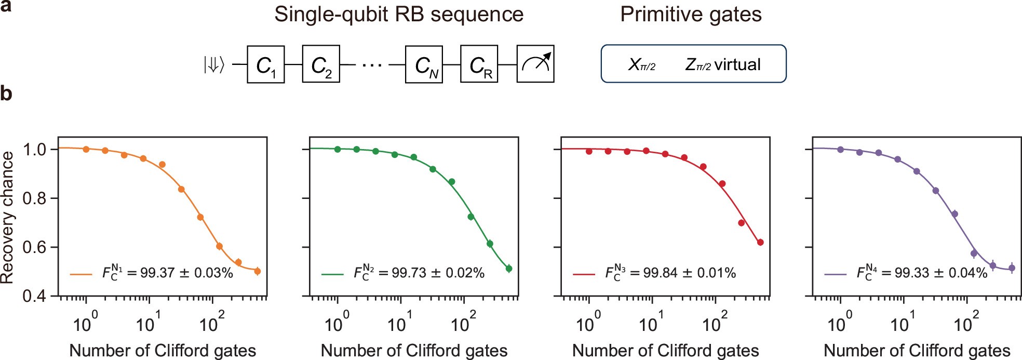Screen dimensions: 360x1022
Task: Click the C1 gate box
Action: pyautogui.click(x=265, y=64)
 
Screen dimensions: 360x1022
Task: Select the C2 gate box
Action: pyautogui.click(x=320, y=64)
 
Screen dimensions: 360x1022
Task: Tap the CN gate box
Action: pyautogui.click(x=424, y=64)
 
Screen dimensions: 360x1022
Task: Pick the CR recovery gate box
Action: pyautogui.click(x=479, y=64)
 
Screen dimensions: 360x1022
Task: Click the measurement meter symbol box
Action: pyautogui.click(x=535, y=64)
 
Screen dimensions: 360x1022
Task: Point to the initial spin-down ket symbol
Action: pyautogui.click(x=213, y=65)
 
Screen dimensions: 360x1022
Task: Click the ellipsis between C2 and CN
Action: pyautogui.click(x=372, y=65)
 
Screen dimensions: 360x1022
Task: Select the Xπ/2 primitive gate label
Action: pyautogui.click(x=642, y=64)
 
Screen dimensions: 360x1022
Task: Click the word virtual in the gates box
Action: pyautogui.click(x=737, y=64)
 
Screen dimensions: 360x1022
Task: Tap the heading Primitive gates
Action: pyautogui.click(x=691, y=15)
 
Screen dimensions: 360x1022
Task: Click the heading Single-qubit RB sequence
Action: pyautogui.click(x=399, y=15)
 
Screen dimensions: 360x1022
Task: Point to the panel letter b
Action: pyautogui.click(x=6, y=94)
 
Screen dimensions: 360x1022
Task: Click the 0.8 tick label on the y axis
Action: pyautogui.click(x=34, y=198)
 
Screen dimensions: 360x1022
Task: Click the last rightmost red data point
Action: pyautogui.click(x=760, y=242)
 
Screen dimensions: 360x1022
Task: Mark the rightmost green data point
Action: pyautogui.click(x=509, y=269)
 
